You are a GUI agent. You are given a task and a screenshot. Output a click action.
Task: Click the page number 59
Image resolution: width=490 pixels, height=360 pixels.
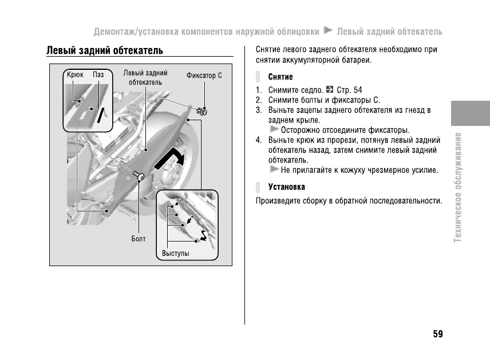437,334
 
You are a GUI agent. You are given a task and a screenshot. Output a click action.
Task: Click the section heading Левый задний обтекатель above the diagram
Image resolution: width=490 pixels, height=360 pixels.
105,51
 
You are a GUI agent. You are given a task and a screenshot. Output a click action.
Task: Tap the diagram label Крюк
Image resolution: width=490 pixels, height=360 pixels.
75,75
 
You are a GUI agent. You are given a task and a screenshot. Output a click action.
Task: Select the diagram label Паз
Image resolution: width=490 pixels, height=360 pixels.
98,75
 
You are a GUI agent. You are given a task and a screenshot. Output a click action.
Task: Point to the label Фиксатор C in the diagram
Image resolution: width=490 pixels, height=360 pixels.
204,76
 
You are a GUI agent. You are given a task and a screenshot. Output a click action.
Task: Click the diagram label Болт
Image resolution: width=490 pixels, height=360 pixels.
139,239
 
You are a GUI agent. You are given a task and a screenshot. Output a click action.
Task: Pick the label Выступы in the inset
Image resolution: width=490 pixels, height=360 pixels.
175,253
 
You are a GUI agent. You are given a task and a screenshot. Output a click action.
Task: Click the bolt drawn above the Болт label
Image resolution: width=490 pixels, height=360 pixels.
139,176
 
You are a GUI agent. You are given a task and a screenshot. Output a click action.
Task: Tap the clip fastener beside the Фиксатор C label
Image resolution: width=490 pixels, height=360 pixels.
201,110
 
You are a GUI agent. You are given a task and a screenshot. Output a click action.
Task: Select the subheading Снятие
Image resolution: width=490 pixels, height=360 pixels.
280,77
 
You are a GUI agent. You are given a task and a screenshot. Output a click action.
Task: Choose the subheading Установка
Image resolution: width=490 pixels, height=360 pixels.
287,187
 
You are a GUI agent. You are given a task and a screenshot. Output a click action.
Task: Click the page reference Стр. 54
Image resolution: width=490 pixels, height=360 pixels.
349,90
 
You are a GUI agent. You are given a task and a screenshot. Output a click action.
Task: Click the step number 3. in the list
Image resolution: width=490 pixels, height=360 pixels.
259,110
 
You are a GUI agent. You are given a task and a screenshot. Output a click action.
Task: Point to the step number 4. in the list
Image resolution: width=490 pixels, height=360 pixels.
259,140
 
